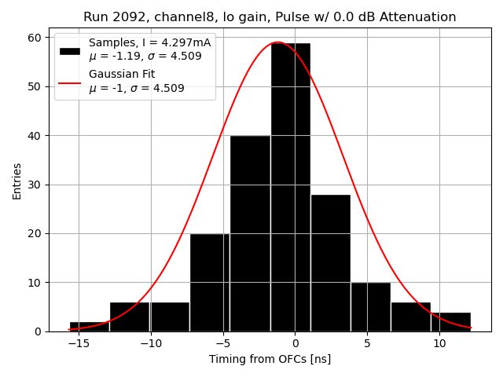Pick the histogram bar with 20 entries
[210, 283]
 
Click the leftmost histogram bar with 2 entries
[90, 327]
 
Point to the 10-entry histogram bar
[370, 307]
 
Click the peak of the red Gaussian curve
[277, 42]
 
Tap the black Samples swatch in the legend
[70, 51]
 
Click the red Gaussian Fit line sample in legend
[70, 81]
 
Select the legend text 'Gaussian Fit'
[122, 75]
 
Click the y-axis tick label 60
[35, 37]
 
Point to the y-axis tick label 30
[35, 185]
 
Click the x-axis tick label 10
[439, 343]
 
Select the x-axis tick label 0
[295, 343]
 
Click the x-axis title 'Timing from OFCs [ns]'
[270, 359]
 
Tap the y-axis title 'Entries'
[17, 180]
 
